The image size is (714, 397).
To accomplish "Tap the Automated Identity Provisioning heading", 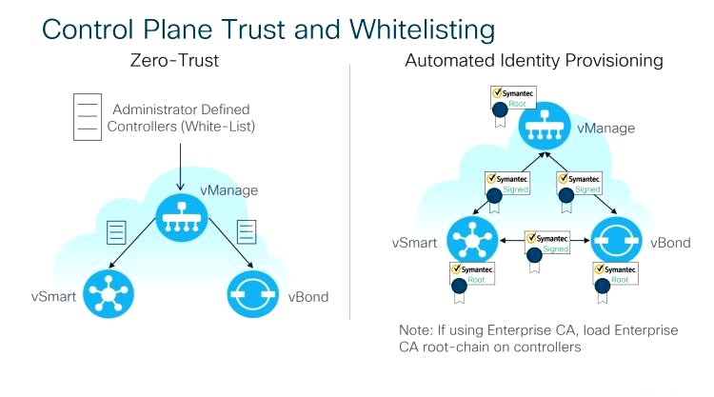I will (533, 61).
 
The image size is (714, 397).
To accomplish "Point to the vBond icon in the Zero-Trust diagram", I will (251, 293).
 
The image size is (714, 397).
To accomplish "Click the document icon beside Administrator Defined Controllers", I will (87, 118).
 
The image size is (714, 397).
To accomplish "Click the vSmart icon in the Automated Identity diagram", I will (470, 242).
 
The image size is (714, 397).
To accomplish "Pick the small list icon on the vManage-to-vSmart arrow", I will (117, 231).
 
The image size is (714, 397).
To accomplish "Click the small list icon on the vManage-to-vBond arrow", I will (244, 230).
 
